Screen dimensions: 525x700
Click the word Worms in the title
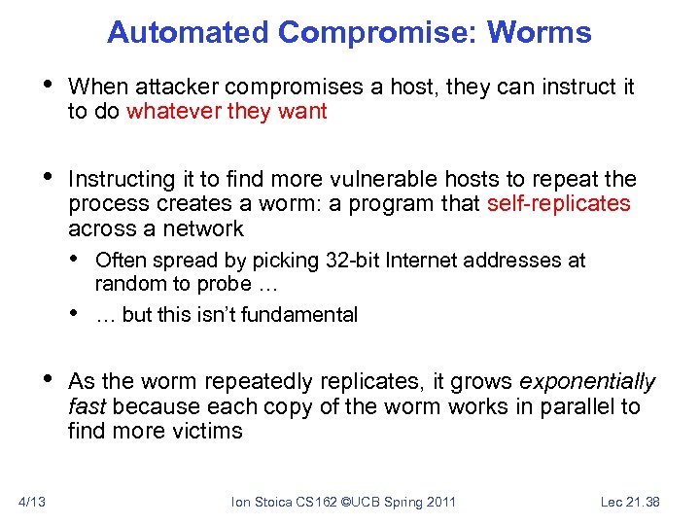[539, 32]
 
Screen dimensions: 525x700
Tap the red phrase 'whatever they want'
[227, 111]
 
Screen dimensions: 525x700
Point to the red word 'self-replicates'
[558, 203]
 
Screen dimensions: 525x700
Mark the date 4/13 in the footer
[32, 502]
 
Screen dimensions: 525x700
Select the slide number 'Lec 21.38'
[630, 502]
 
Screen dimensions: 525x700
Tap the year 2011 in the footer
[438, 502]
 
